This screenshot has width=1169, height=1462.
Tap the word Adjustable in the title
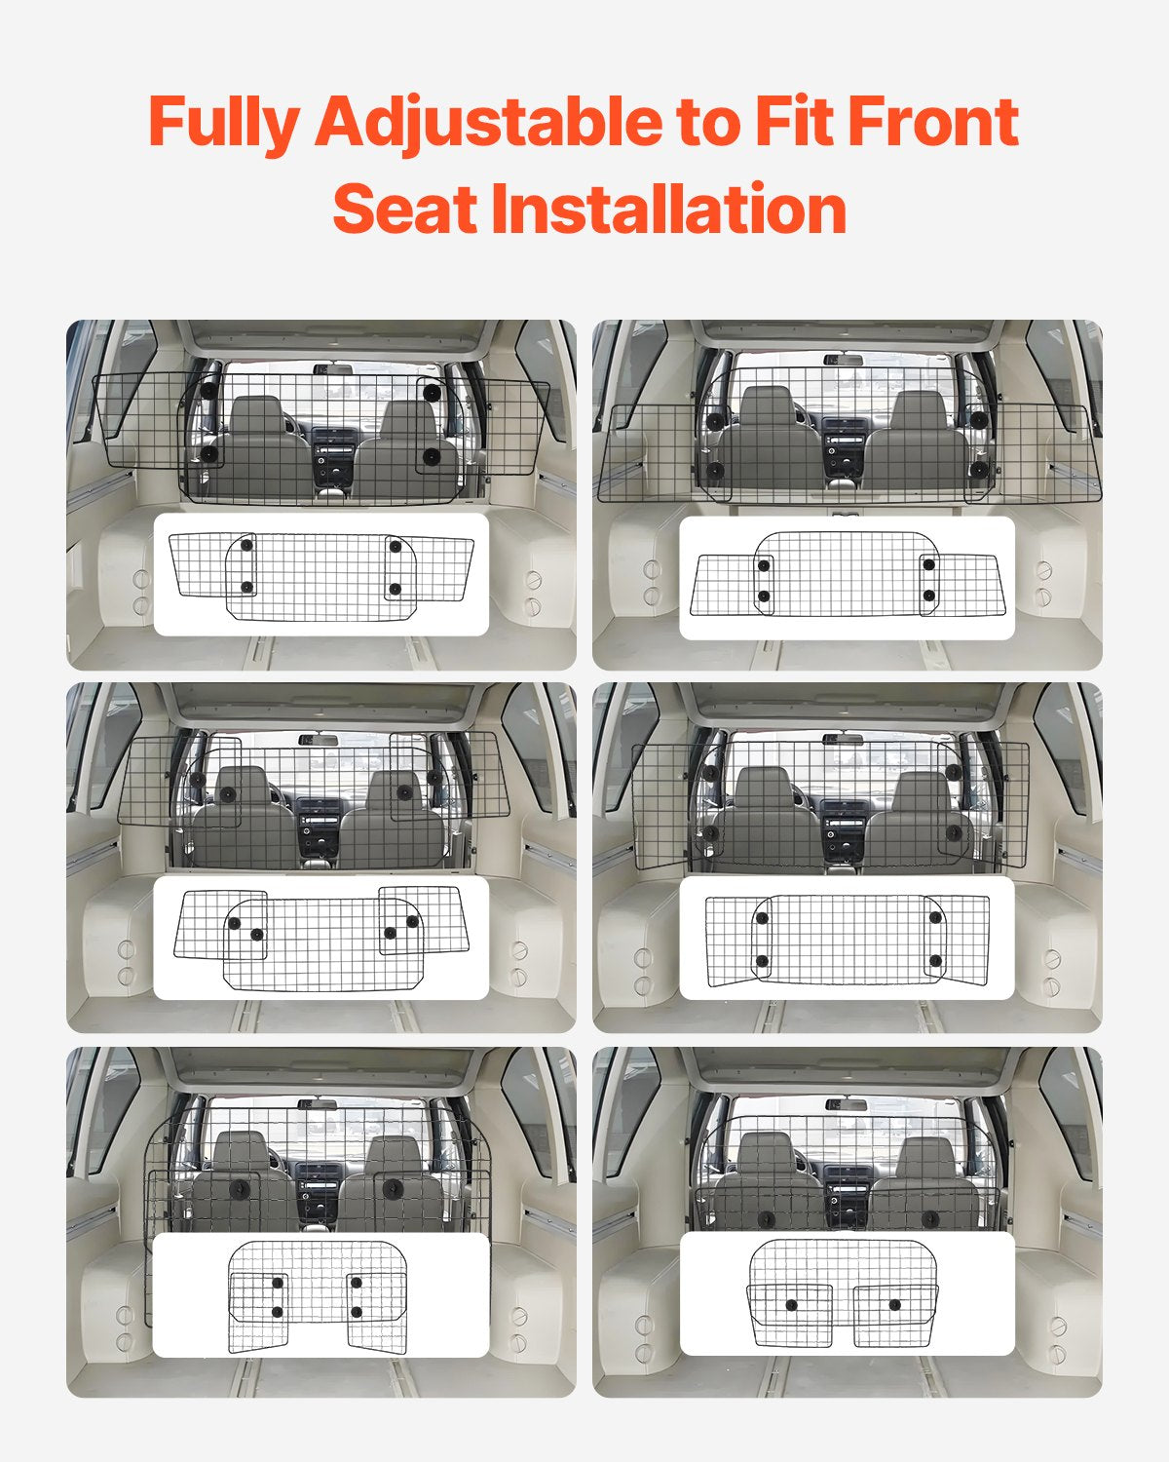click(488, 122)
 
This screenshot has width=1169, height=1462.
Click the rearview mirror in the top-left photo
click(333, 368)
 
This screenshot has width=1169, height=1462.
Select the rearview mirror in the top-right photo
click(843, 360)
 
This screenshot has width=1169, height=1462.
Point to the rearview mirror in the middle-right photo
click(843, 739)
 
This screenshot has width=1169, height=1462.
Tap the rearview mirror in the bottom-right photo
click(847, 1104)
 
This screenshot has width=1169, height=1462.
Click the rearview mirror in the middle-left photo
click(318, 740)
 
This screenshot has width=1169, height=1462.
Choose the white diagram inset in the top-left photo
click(321, 575)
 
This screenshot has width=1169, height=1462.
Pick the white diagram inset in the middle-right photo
click(847, 938)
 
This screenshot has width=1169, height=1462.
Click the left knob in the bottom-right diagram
click(791, 1305)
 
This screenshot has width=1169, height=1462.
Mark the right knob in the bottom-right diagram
click(895, 1304)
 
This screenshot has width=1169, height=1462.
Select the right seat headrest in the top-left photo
click(407, 420)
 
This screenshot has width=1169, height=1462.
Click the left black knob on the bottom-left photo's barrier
click(239, 1189)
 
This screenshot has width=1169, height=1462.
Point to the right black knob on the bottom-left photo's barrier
click(393, 1188)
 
